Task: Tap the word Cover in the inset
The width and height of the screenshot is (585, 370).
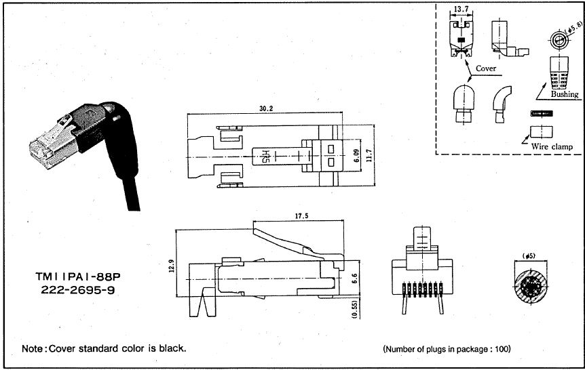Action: (485, 68)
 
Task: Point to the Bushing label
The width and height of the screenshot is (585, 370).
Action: (564, 94)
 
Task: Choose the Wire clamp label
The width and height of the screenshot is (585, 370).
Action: (552, 146)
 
